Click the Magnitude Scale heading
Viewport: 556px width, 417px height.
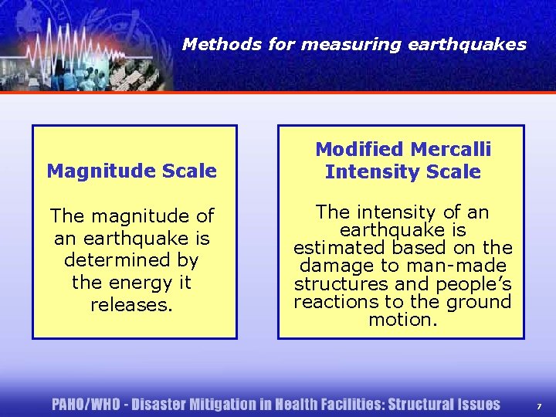[132, 171]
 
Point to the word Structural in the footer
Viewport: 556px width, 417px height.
[422, 405]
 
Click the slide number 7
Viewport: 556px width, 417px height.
[538, 405]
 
